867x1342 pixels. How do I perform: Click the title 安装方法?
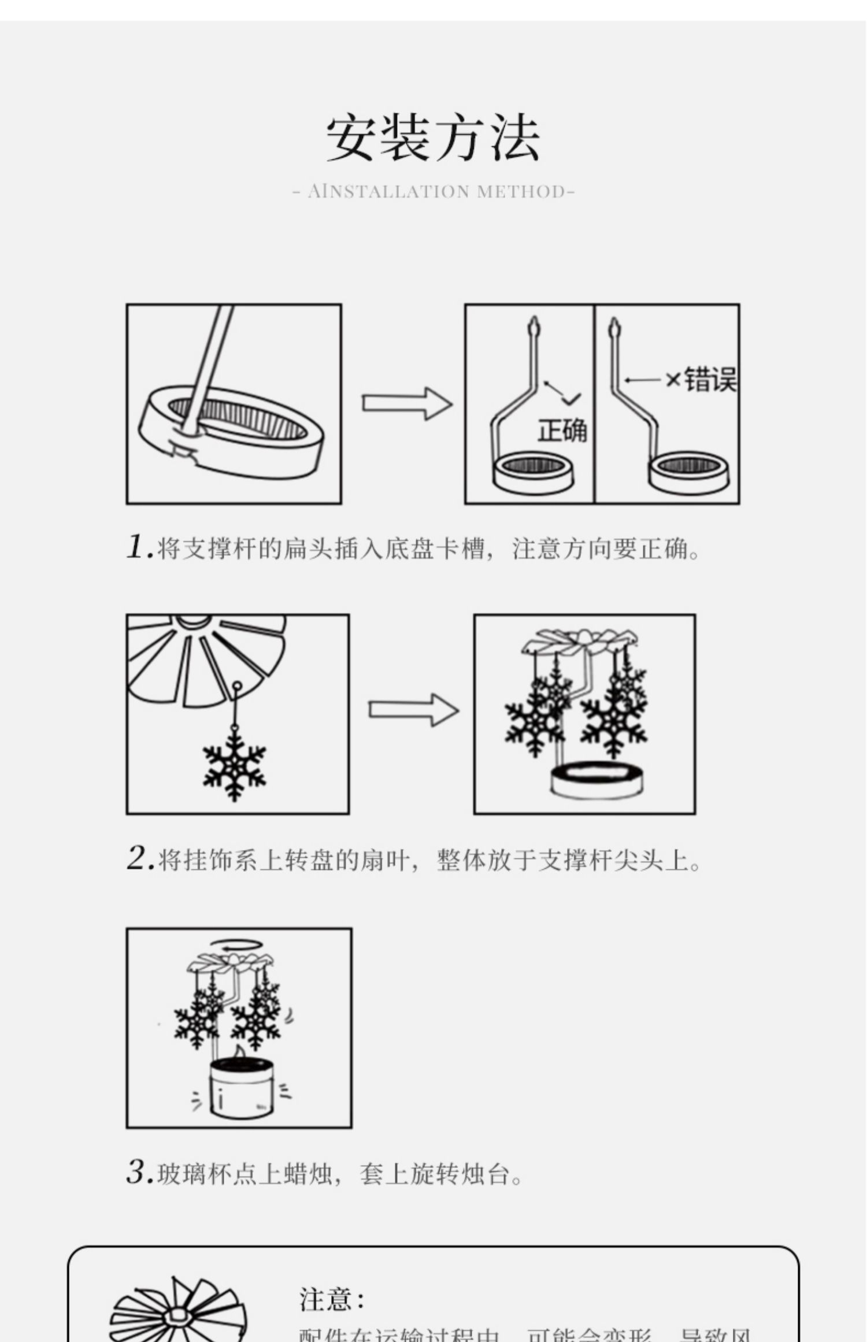click(x=433, y=139)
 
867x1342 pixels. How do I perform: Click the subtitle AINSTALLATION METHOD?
click(x=433, y=191)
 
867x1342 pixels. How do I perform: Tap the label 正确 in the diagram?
click(x=562, y=431)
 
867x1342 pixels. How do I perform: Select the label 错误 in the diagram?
click(x=710, y=380)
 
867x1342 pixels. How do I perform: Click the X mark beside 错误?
click(x=673, y=380)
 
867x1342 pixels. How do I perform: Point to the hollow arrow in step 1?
click(x=407, y=403)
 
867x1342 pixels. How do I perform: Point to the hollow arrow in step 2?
click(x=413, y=710)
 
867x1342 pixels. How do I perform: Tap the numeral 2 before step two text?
click(x=138, y=858)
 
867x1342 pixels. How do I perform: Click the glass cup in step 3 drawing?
click(x=239, y=1087)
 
